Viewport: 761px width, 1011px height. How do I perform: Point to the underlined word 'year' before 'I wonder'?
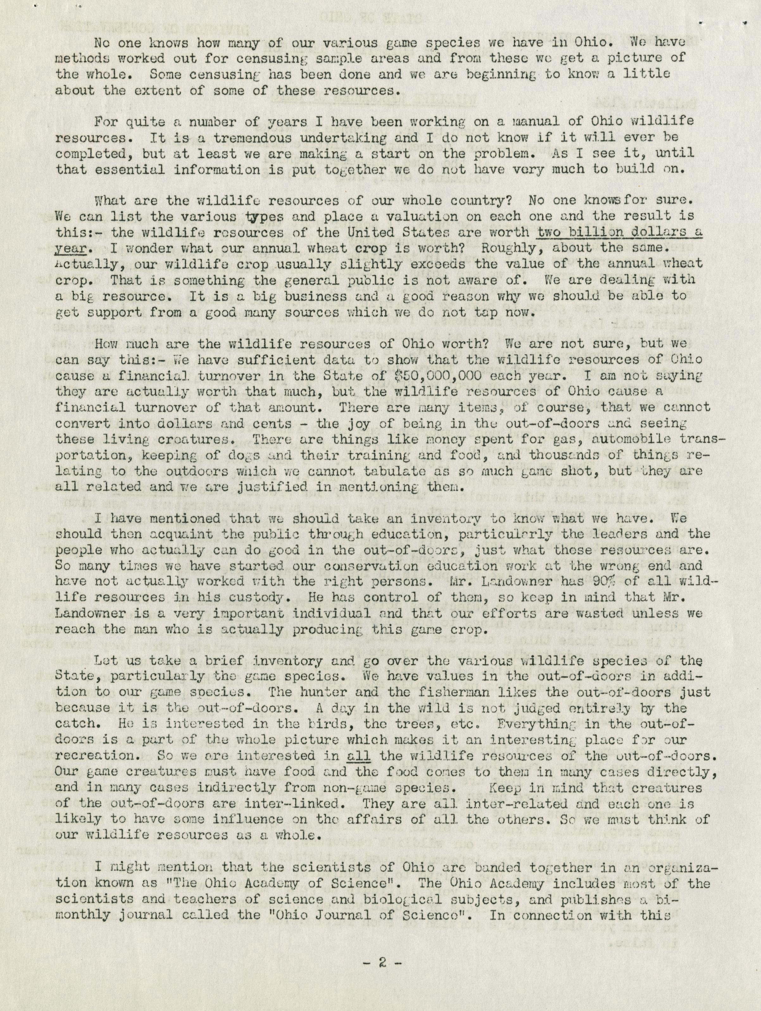click(71, 248)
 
